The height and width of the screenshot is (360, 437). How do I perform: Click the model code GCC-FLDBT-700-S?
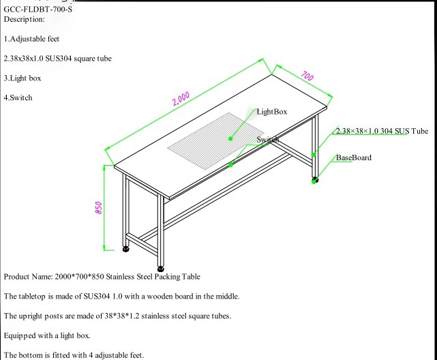37,9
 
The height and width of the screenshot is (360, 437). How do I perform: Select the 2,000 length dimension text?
181,99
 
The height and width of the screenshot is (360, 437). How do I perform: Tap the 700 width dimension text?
307,76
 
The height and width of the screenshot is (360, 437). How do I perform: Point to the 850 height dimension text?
98,207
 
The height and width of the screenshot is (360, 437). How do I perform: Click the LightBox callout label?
272,111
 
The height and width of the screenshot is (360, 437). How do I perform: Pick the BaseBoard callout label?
353,157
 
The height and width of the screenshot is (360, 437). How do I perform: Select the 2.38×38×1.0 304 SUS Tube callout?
382,131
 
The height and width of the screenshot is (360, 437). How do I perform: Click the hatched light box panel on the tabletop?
211,133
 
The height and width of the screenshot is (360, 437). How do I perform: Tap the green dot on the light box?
230,138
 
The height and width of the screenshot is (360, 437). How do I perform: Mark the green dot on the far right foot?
314,181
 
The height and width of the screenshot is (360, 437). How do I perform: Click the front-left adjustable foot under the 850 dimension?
126,248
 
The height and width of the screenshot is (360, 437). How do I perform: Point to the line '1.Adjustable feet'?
31,39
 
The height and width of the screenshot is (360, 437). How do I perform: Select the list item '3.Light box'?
22,78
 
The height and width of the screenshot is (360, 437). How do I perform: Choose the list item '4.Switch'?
18,97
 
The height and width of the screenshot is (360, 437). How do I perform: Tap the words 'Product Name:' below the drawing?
28,277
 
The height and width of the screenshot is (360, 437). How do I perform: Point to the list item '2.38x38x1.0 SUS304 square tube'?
57,59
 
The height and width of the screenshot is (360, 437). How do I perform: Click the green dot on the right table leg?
314,155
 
